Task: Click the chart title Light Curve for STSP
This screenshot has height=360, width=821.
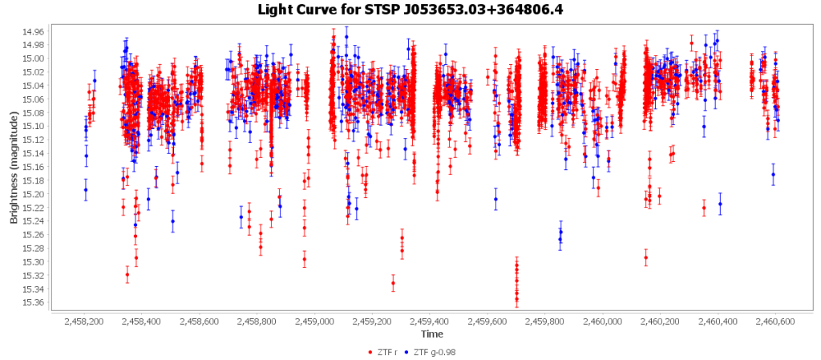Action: pos(410,10)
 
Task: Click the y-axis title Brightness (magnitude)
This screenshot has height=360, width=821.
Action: pos(14,167)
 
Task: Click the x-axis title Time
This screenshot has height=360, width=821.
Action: pos(431,334)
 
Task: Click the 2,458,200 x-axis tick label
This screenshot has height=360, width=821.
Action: pos(83,322)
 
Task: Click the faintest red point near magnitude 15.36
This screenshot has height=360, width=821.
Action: pos(516,300)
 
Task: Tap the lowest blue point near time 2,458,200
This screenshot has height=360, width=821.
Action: pos(86,189)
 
